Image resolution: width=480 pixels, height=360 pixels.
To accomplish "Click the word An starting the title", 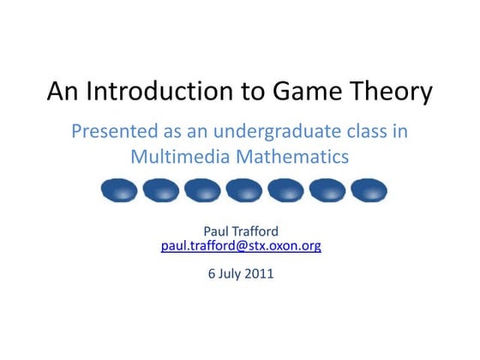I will pyautogui.click(x=63, y=92).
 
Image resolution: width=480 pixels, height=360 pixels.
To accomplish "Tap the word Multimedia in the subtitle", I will pyautogui.click(x=178, y=157).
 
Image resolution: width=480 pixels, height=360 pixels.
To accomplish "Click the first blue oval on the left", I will pyautogui.click(x=119, y=189).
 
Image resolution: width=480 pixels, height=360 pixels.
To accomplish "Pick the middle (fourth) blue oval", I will pyautogui.click(x=244, y=189).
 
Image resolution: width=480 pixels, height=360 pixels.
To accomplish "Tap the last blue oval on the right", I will pyautogui.click(x=369, y=189).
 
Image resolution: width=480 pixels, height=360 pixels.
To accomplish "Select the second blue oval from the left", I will pyautogui.click(x=161, y=189).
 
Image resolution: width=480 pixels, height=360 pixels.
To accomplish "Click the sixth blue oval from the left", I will pyautogui.click(x=328, y=189).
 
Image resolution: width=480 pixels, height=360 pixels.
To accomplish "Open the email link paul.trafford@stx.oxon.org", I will pyautogui.click(x=241, y=246).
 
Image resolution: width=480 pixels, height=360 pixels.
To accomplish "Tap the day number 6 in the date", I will pyautogui.click(x=212, y=275).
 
